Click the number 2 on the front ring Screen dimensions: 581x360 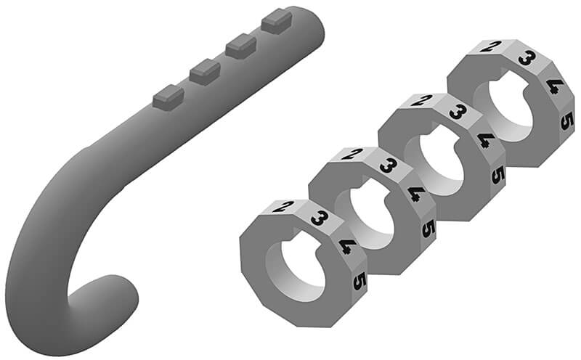[x=283, y=206]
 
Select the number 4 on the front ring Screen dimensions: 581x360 [x=347, y=246]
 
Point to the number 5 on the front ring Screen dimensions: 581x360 [x=359, y=281]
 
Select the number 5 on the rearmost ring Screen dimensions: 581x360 [x=567, y=120]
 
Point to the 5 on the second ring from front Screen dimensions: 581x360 [x=428, y=229]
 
